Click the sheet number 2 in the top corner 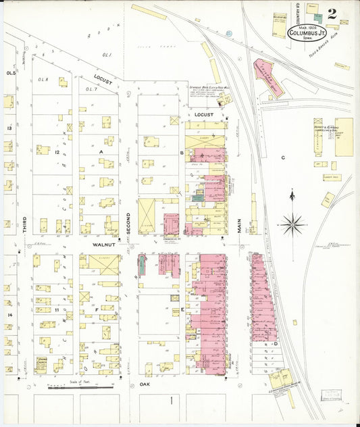pos(332,14)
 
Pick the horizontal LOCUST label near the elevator pos(203,115)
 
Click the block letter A pos(101,153)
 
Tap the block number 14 pos(9,315)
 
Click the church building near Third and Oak pos(42,361)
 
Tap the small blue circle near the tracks pos(228,32)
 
